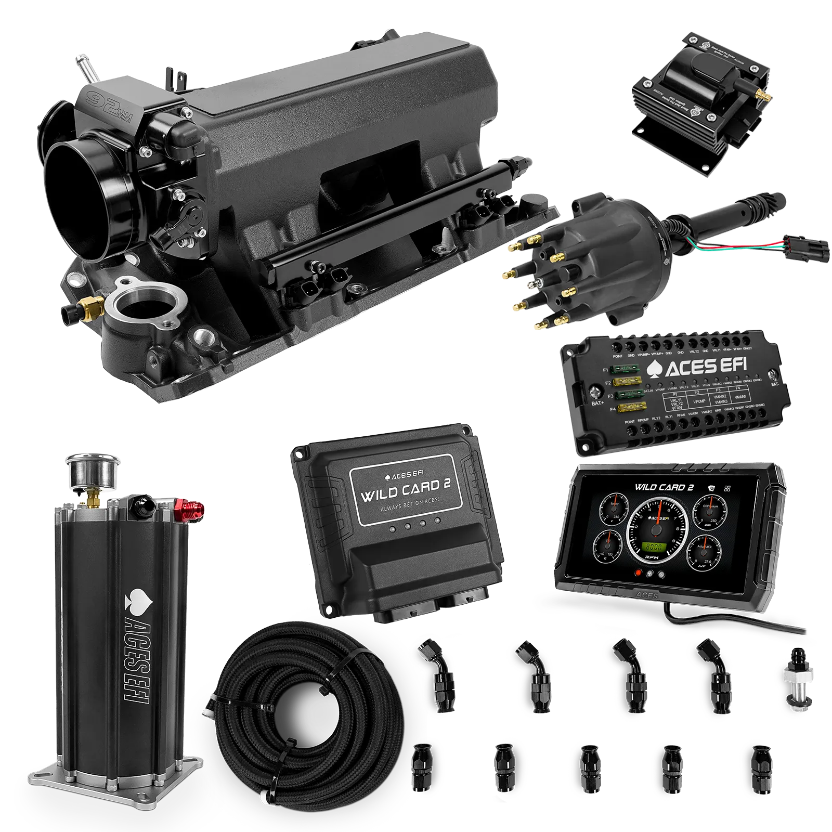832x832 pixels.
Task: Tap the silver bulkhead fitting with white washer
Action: click(x=795, y=681)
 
